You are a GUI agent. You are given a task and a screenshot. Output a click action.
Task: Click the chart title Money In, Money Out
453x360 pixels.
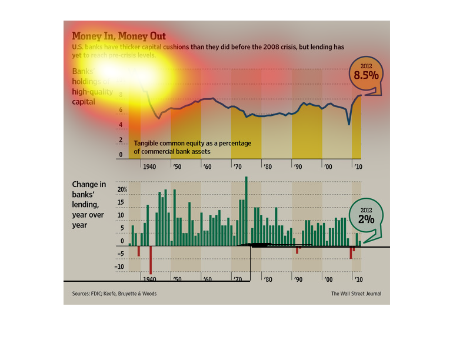[118, 36]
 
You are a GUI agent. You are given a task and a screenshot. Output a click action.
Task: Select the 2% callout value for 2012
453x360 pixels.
[365, 218]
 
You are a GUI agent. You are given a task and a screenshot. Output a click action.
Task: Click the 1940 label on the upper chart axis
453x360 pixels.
[149, 166]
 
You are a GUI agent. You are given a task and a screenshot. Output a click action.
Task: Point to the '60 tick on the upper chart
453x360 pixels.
[207, 166]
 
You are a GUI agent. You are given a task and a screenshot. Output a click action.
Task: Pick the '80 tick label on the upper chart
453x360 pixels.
[267, 166]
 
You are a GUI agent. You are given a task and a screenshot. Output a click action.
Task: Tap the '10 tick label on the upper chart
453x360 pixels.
[357, 166]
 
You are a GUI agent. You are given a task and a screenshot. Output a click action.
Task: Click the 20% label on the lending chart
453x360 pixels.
[122, 189]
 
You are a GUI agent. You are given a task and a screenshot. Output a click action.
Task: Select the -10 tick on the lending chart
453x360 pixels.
[121, 266]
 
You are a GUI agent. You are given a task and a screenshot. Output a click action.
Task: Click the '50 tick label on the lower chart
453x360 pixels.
[176, 280]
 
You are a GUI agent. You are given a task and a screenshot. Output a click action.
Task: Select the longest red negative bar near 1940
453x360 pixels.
[151, 259]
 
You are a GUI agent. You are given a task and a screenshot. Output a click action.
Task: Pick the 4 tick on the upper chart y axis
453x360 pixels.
[121, 125]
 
